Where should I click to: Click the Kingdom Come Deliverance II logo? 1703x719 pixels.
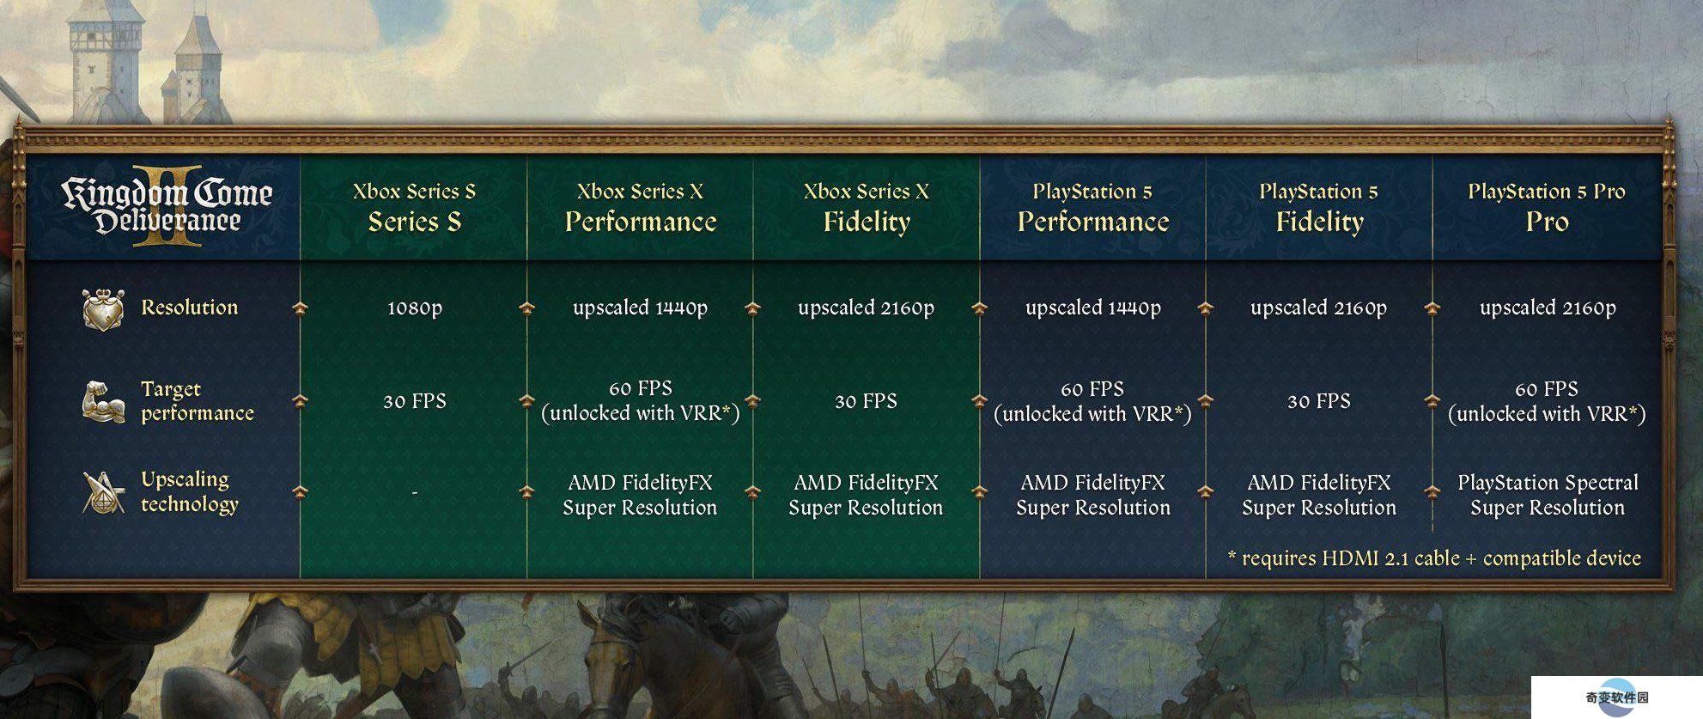pyautogui.click(x=167, y=206)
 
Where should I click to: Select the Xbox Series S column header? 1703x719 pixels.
pyautogui.click(x=414, y=207)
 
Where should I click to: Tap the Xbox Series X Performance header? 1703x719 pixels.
pyautogui.click(x=640, y=207)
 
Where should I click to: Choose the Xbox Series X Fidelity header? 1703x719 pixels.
pyautogui.click(x=867, y=207)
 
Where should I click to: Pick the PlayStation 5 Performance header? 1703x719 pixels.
pyautogui.click(x=1093, y=207)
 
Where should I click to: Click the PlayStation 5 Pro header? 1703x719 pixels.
pyautogui.click(x=1547, y=207)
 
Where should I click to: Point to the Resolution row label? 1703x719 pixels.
pyautogui.click(x=189, y=308)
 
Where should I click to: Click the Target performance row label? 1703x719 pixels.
pyautogui.click(x=198, y=401)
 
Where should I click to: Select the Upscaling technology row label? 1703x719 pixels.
pyautogui.click(x=189, y=491)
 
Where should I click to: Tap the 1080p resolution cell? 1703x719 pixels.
pyautogui.click(x=414, y=308)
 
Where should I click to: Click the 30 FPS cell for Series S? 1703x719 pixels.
pyautogui.click(x=414, y=401)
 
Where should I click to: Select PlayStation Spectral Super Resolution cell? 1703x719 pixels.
pyautogui.click(x=1548, y=495)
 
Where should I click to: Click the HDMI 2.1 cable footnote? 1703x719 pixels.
pyautogui.click(x=1434, y=558)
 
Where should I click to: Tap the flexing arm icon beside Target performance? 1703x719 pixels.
pyautogui.click(x=103, y=401)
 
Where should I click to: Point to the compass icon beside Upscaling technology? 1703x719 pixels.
pyautogui.click(x=103, y=492)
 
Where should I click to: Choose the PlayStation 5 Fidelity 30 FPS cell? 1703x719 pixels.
pyautogui.click(x=1319, y=401)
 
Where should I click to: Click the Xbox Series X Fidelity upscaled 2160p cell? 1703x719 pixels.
pyautogui.click(x=866, y=308)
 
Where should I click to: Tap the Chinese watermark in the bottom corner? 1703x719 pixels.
pyautogui.click(x=1617, y=698)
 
